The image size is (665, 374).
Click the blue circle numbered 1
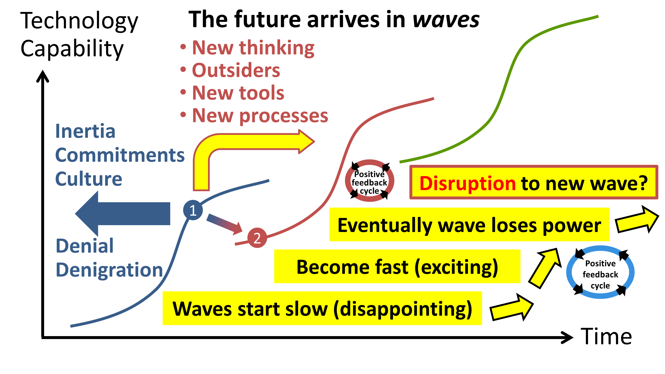tap(193, 210)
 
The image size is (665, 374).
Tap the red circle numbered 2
tap(257, 238)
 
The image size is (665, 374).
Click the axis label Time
tap(606, 336)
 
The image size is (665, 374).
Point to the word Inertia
tap(85, 131)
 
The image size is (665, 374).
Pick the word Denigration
tap(109, 270)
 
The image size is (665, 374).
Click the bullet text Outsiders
tap(236, 70)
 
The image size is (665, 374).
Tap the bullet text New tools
tap(238, 93)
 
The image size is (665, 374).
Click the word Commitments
tap(120, 155)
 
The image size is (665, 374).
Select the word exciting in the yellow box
tap(456, 267)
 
